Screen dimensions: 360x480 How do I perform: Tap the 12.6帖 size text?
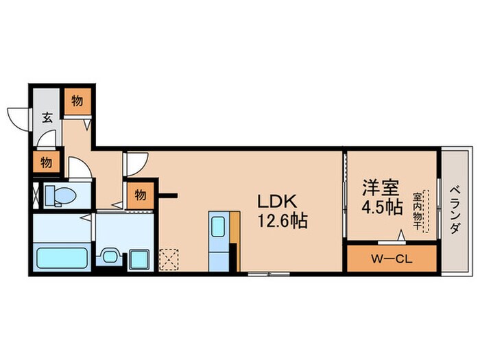282,221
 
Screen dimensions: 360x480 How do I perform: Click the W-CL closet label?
392,260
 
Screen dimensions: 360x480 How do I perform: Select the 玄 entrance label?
47,117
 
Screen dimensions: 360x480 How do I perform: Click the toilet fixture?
60,195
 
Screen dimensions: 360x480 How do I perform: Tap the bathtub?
61,259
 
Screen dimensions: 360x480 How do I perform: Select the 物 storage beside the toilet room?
45,163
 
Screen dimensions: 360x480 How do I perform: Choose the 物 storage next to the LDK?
140,195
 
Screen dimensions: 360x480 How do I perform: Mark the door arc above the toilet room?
78,167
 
